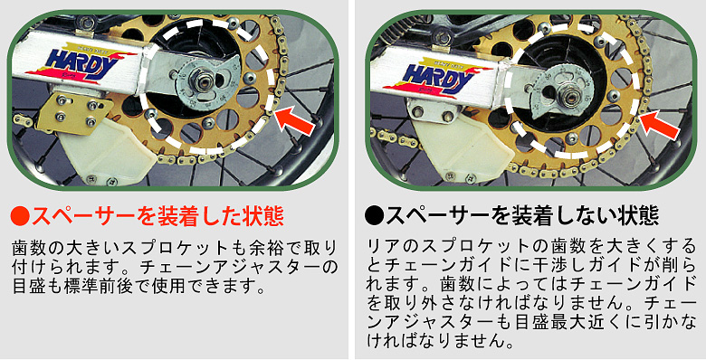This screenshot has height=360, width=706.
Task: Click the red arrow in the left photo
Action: pos(294,120)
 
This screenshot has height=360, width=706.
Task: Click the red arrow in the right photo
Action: pos(660,124)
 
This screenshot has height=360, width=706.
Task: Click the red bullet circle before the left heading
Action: pos(20,217)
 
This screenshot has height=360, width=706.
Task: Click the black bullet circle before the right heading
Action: pos(374,216)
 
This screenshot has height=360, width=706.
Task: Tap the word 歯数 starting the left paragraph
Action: pos(24,249)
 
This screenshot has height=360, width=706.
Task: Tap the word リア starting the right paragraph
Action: pos(378,247)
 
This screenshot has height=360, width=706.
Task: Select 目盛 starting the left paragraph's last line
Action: pos(24,286)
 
